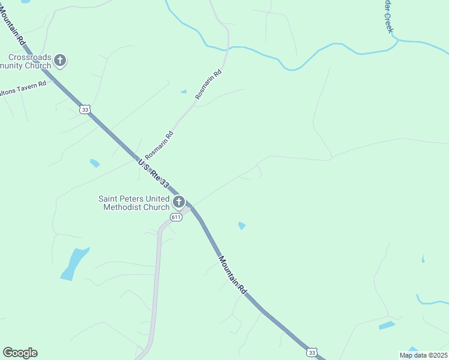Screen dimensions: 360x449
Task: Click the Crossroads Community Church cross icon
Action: coord(59,60)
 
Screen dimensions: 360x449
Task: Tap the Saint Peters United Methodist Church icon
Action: coord(179,202)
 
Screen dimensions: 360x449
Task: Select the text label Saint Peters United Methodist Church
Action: coord(136,203)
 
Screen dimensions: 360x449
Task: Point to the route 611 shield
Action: coord(175,217)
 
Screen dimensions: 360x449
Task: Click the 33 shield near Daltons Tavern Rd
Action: coord(85,109)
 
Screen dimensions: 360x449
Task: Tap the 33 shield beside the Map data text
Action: coord(312,353)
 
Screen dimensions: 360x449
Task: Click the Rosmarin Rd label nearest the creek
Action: coord(208,85)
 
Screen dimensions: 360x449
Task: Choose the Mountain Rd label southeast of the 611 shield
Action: coord(233,274)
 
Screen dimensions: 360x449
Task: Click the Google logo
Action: coord(20,353)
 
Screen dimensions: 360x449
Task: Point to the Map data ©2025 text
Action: coord(423,355)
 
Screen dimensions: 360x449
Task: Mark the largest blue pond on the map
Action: coord(74,264)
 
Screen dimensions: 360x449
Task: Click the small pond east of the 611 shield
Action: coord(241,226)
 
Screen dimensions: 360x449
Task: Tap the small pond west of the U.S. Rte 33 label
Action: coord(95,163)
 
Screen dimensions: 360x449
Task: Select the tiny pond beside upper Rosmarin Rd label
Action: coord(183,92)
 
